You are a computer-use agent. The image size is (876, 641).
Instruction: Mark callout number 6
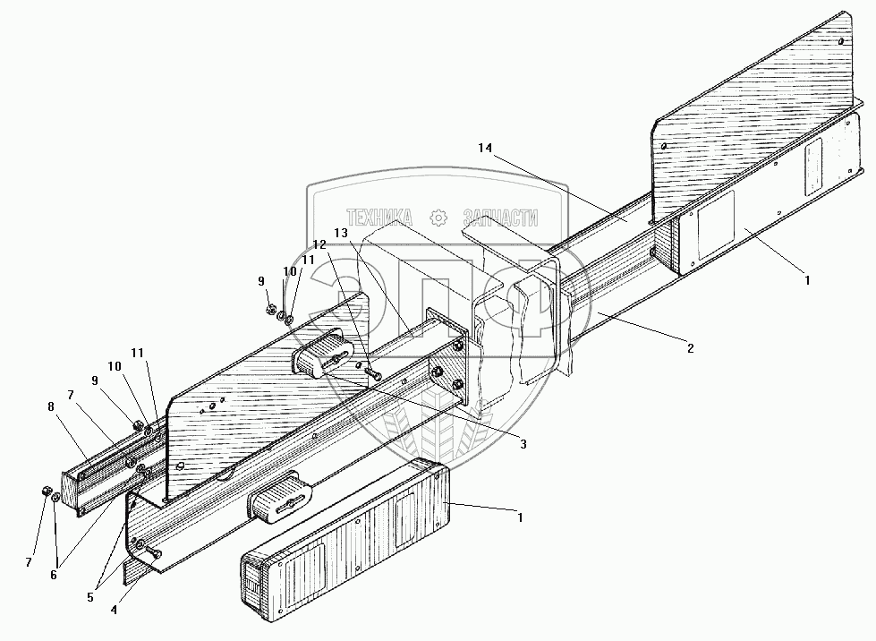pos(54,574)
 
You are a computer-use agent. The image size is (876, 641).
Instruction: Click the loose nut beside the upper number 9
pos(270,310)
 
